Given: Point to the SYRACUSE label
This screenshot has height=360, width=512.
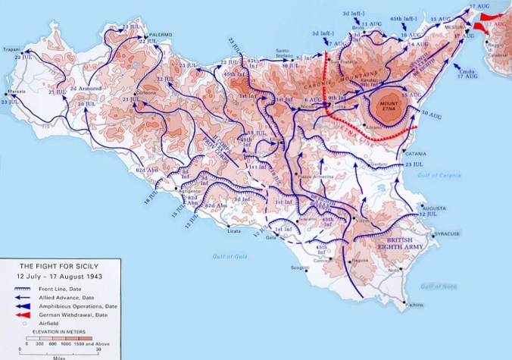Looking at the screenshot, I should (x=447, y=234).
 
